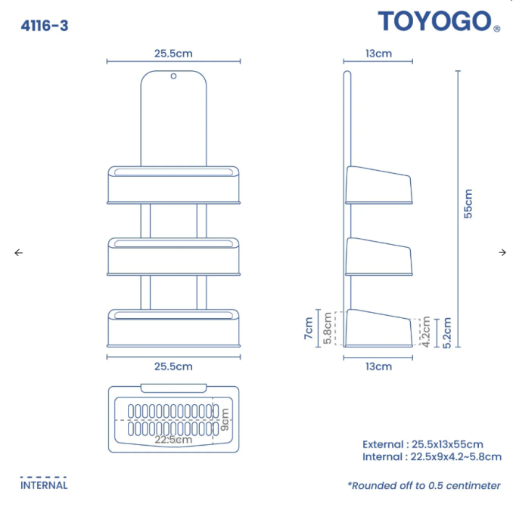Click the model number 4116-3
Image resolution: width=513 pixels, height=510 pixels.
[x=45, y=26]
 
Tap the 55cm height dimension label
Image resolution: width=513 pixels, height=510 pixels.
[x=468, y=203]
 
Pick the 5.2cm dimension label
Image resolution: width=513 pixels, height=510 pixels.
[x=446, y=332]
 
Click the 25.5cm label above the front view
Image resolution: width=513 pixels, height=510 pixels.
[x=173, y=53]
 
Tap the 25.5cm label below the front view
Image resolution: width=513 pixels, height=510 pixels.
[x=173, y=366]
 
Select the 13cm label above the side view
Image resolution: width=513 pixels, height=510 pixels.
[x=378, y=53]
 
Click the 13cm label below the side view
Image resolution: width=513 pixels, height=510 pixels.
[x=378, y=366]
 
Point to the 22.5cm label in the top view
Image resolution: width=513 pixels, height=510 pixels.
[x=173, y=439]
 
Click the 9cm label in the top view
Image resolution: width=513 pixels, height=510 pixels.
[x=225, y=416]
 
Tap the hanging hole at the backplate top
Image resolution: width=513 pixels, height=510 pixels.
[x=173, y=76]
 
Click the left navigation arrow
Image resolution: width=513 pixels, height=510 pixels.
[x=19, y=252]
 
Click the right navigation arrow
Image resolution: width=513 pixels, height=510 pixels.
[x=502, y=252]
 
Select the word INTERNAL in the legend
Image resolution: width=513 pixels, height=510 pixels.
[x=44, y=486]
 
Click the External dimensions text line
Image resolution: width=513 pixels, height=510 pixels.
[x=422, y=444]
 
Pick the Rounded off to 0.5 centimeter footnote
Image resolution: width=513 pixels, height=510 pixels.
[x=424, y=485]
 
